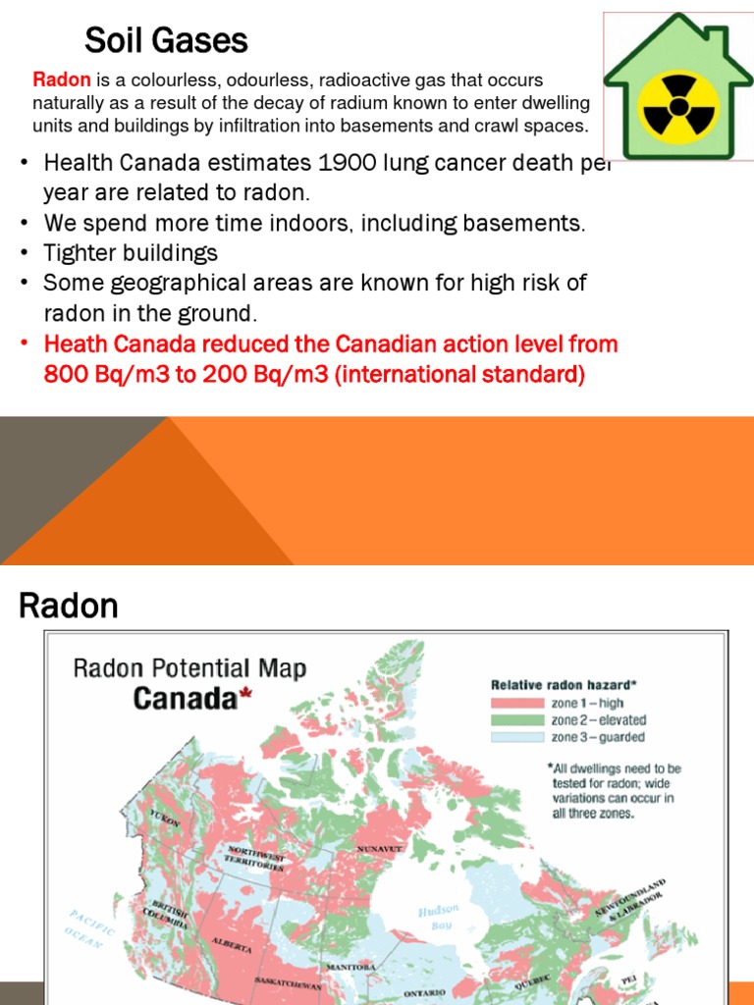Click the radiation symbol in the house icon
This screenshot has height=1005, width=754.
click(x=679, y=103)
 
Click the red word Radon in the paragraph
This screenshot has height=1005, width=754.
click(x=63, y=79)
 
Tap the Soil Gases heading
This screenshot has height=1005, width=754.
click(x=166, y=40)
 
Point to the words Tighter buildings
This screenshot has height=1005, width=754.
click(x=131, y=253)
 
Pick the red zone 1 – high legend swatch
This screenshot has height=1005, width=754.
click(x=517, y=703)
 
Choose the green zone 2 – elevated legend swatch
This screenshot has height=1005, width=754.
click(x=517, y=719)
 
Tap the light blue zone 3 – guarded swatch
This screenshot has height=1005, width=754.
click(x=517, y=736)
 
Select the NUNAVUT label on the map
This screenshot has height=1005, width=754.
click(x=380, y=848)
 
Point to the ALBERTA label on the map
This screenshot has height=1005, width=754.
click(x=232, y=945)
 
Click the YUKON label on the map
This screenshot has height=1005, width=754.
click(x=164, y=818)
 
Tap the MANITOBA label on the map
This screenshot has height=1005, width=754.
click(x=350, y=967)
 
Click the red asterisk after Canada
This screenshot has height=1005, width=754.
click(x=245, y=696)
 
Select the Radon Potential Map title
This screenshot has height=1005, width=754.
click(x=190, y=669)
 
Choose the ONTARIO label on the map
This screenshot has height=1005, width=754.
click(x=425, y=993)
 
